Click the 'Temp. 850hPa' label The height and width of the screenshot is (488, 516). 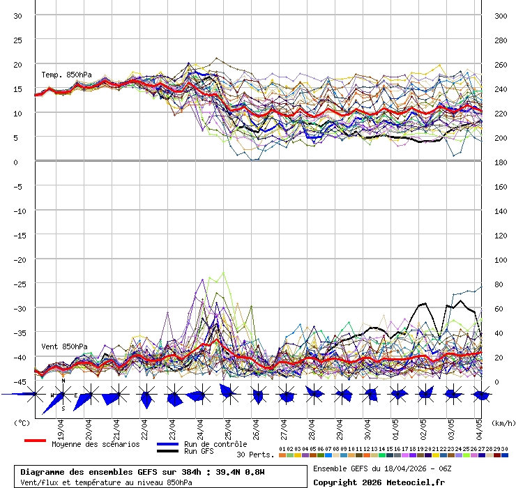tap(66, 75)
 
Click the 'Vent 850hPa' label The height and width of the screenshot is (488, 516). tap(64, 346)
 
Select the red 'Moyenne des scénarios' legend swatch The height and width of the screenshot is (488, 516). tap(35, 441)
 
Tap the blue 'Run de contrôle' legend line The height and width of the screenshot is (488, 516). tap(168, 444)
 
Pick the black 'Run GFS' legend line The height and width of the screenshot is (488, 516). tap(168, 451)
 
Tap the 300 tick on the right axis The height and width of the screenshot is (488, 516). tap(501, 16)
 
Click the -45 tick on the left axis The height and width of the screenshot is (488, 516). tap(21, 381)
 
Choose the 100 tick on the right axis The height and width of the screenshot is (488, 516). tap(501, 259)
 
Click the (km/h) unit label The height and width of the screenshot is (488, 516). tap(502, 422)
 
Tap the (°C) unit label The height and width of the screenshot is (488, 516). tap(22, 422)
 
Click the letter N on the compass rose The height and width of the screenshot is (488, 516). tap(63, 381)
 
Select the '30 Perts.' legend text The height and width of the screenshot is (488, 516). tap(255, 455)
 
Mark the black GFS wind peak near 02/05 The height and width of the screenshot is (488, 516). tap(423, 303)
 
